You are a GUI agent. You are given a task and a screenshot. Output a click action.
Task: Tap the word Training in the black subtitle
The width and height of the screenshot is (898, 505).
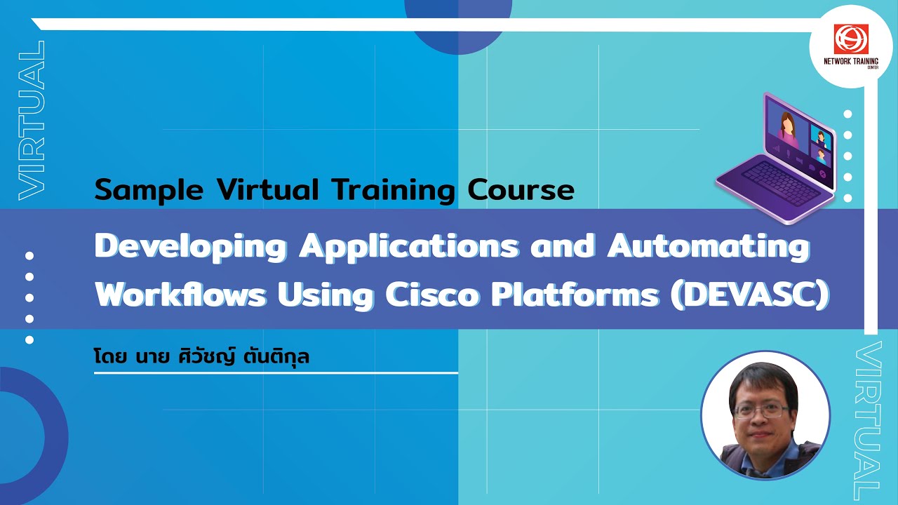(x=394, y=190)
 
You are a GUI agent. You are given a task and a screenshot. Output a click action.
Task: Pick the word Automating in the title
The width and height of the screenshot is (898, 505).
(x=708, y=248)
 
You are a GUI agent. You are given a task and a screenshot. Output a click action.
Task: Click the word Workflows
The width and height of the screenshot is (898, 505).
(x=181, y=296)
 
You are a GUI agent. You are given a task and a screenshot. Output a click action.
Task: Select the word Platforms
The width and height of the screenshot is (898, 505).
(x=575, y=296)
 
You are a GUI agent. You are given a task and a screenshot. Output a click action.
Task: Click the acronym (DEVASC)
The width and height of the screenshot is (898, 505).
(x=750, y=296)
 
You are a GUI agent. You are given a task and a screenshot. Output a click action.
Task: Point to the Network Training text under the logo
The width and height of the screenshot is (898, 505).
(x=850, y=62)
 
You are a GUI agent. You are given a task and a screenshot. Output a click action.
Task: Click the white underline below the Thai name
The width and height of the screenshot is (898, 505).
(x=276, y=373)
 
